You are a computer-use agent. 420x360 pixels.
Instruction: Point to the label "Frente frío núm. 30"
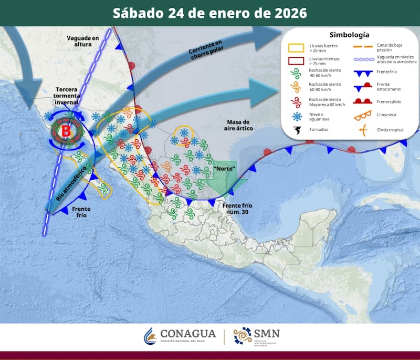237,209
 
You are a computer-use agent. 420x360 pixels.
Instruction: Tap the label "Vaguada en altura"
82,41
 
